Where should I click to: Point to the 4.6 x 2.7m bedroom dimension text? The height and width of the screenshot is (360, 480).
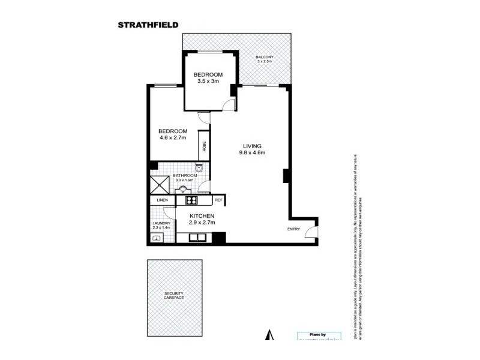tap(173, 138)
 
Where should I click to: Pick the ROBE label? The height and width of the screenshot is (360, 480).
tap(205, 146)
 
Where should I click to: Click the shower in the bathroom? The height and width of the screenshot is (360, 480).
tap(160, 184)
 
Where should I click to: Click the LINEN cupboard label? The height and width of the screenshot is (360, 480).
tap(162, 200)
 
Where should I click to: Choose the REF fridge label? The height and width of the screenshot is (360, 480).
tap(218, 200)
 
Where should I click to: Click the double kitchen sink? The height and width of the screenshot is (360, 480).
tap(199, 237)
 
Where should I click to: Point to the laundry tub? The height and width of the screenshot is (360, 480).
tap(157, 238)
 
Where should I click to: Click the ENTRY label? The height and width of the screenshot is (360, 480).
tap(294, 229)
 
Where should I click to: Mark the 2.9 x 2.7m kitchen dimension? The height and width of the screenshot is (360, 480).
tap(202, 223)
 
